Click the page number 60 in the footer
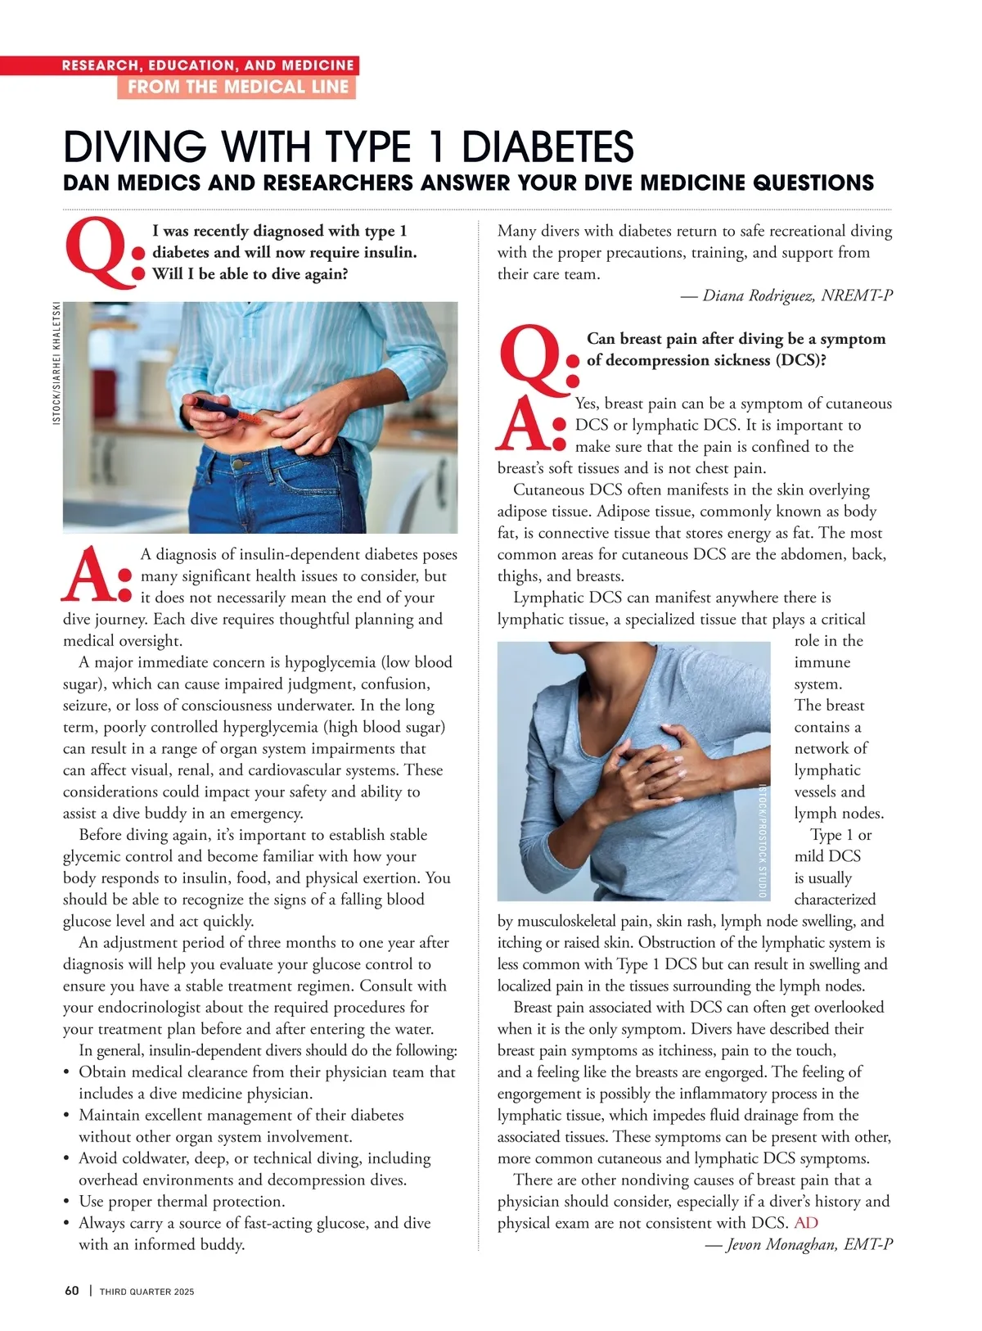point(72,1291)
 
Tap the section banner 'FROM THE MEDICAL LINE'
point(237,87)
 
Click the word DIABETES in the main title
point(547,147)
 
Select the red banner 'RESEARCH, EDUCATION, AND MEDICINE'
point(208,65)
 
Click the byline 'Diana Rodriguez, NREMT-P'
point(787,296)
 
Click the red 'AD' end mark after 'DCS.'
point(806,1223)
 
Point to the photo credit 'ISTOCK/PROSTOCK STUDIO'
point(762,841)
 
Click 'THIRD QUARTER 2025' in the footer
point(147,1292)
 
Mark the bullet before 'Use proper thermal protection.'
point(67,1202)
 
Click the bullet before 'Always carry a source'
point(67,1223)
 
